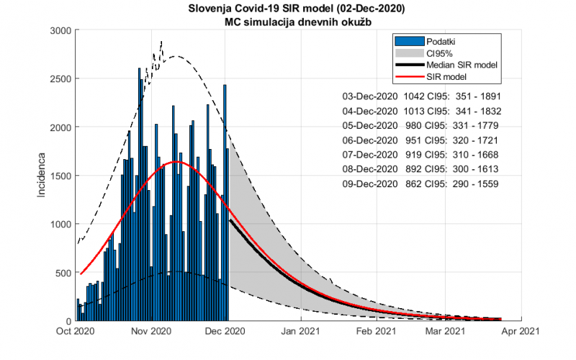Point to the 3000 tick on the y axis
point(60,30)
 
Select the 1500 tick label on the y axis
point(60,176)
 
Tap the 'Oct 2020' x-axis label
point(76,331)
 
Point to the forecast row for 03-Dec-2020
point(421,96)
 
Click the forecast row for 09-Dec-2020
point(421,184)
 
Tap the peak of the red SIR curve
point(176,162)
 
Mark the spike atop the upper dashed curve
point(161,42)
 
